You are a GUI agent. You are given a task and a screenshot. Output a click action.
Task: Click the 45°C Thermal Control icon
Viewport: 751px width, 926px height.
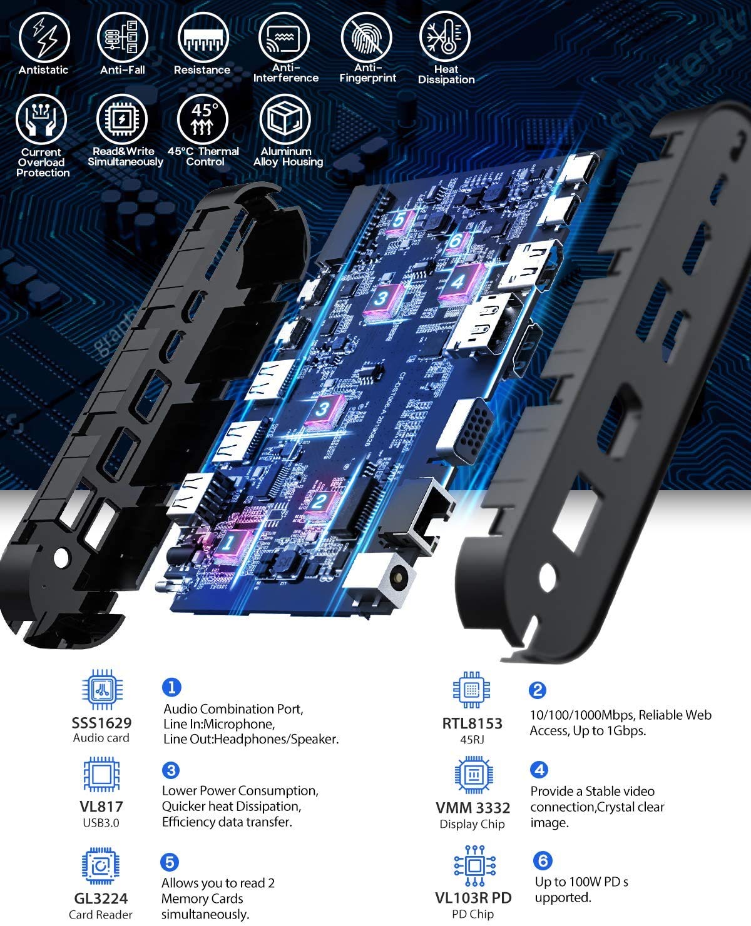[203, 119]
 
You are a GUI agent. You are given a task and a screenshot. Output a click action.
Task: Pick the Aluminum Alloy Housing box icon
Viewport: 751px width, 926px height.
[285, 119]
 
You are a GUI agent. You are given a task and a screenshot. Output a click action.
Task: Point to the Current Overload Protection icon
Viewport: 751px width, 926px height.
[42, 119]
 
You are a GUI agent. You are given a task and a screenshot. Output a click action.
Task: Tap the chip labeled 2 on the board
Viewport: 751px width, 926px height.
[319, 501]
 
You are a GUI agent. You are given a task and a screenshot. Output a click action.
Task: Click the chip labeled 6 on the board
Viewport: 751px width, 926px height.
[455, 241]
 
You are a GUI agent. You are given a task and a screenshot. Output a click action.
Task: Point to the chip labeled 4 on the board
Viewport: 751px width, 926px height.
[460, 281]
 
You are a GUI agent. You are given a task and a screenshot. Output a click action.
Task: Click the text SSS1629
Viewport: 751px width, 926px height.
[101, 723]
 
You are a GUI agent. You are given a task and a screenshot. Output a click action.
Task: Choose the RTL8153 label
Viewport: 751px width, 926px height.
[472, 723]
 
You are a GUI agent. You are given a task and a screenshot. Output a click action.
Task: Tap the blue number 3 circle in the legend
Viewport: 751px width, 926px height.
[170, 770]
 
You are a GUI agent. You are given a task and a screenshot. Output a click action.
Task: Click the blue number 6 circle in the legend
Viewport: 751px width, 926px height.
[543, 860]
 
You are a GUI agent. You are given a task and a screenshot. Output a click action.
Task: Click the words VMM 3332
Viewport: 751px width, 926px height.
[473, 808]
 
